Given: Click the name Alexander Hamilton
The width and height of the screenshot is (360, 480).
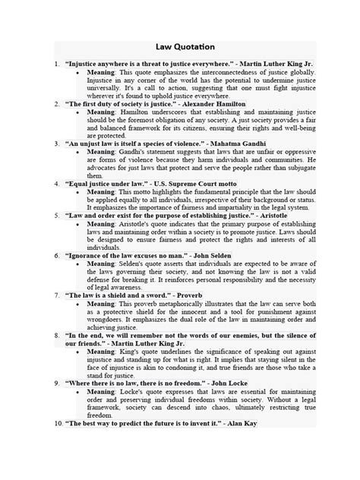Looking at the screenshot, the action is point(210,103).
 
